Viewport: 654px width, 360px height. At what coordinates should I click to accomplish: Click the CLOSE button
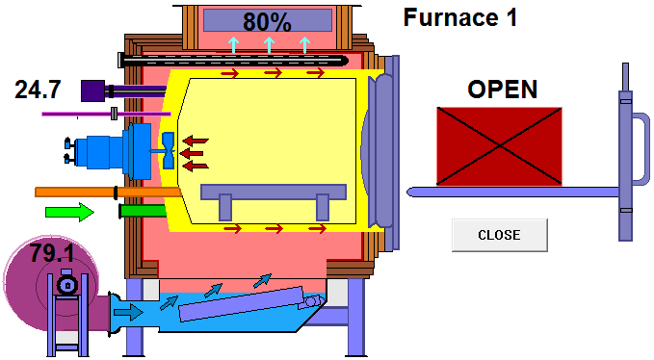(499, 235)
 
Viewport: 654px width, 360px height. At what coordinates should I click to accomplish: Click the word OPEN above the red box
(502, 90)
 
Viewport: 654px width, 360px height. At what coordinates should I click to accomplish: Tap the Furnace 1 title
(460, 17)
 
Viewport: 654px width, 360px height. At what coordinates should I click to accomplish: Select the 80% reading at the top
(268, 21)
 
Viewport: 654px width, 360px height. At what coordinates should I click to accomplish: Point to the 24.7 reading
(39, 90)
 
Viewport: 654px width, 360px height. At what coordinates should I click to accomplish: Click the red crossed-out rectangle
(499, 145)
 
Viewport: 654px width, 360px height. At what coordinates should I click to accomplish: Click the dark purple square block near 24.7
(93, 90)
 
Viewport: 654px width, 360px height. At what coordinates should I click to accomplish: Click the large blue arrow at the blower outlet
(126, 311)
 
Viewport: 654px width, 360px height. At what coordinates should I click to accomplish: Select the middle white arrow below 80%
(268, 44)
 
